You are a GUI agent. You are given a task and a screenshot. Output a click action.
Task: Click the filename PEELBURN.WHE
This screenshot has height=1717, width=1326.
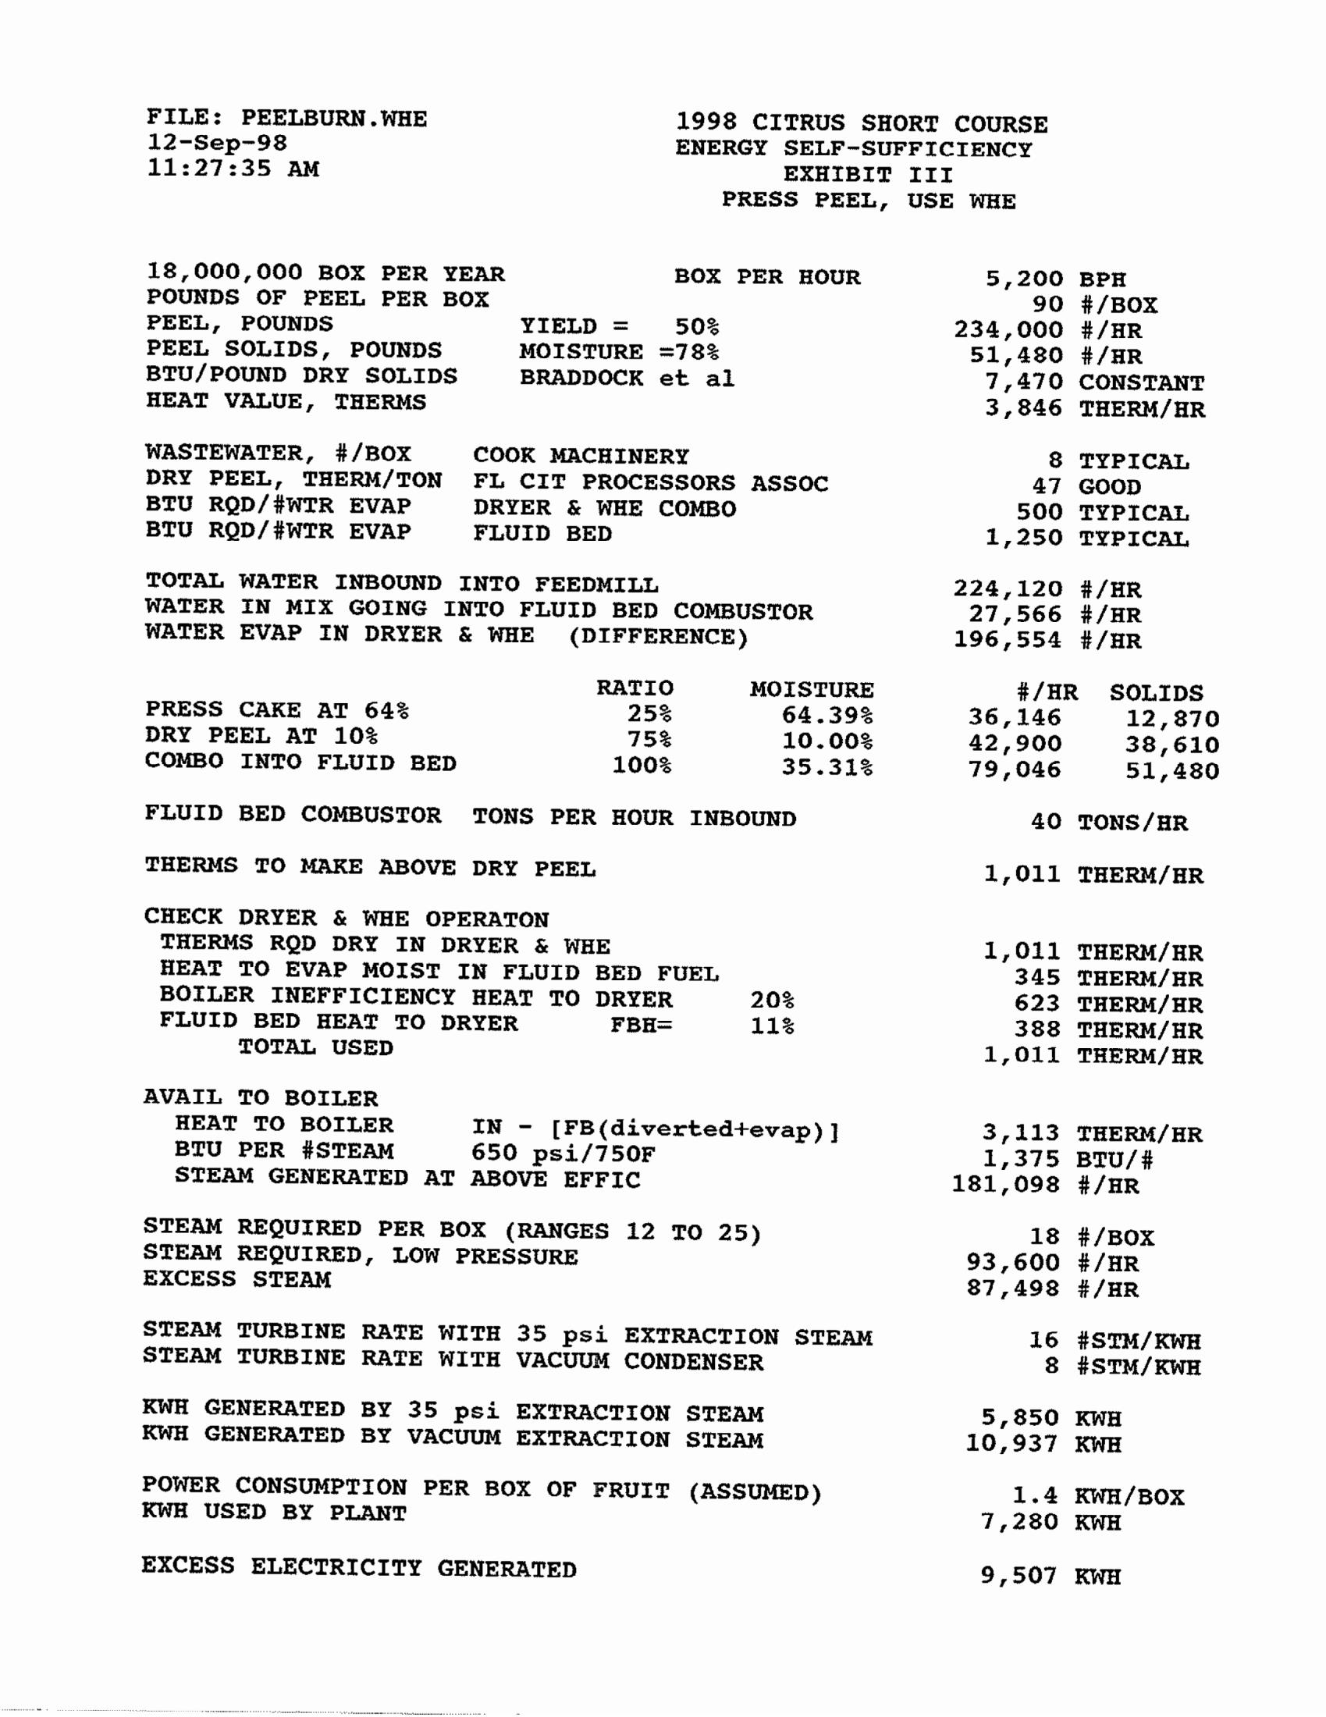pyautogui.click(x=333, y=119)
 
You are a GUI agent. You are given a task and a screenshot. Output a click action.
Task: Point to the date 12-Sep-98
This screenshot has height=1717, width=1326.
pyautogui.click(x=217, y=143)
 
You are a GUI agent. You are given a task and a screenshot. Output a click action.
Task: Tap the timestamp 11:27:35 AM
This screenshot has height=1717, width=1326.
pyautogui.click(x=233, y=169)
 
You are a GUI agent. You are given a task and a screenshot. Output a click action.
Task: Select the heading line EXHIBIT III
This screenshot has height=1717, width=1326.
pyautogui.click(x=868, y=175)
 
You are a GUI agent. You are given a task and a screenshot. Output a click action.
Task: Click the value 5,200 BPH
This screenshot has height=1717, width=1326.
pyautogui.click(x=1055, y=279)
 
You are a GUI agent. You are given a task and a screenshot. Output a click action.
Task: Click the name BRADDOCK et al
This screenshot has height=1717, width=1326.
pyautogui.click(x=627, y=379)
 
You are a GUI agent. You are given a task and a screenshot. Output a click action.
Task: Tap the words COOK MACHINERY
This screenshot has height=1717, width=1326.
pyautogui.click(x=581, y=456)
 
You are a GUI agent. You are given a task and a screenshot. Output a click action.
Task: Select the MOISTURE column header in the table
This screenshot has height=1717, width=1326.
pyautogui.click(x=811, y=689)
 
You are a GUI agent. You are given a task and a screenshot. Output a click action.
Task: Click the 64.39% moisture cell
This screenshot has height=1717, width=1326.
pyautogui.click(x=827, y=716)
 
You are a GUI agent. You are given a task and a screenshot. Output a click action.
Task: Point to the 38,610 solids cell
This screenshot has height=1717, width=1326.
pyautogui.click(x=1172, y=745)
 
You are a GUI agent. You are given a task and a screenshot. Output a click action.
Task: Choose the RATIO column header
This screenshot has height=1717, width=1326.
pyautogui.click(x=635, y=688)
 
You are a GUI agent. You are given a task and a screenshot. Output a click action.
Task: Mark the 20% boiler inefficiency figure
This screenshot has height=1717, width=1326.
pyautogui.click(x=772, y=1000)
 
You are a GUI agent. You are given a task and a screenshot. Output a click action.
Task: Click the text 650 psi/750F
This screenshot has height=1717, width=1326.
pyautogui.click(x=563, y=1154)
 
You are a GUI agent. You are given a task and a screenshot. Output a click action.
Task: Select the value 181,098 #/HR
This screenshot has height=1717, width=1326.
pyautogui.click(x=1045, y=1184)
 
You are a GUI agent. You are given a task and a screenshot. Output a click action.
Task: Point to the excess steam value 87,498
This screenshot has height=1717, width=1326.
pyautogui.click(x=1014, y=1289)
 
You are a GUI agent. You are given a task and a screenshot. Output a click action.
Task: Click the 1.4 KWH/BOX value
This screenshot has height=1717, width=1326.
pyautogui.click(x=1098, y=1496)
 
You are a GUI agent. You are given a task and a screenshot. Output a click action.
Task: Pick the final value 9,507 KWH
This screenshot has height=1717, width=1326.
pyautogui.click(x=1050, y=1577)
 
